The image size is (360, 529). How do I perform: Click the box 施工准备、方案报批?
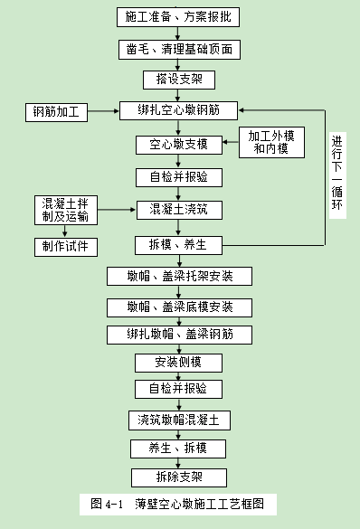pos(179,17)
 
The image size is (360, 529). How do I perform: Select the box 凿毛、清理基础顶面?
pos(179,49)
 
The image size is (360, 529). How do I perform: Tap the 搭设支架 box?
pos(179,80)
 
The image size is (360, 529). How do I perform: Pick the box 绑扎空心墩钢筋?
pos(179,111)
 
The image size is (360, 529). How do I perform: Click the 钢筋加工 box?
pos(56,113)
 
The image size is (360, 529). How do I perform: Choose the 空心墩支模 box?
pos(179,144)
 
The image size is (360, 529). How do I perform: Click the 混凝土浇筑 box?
pos(179,210)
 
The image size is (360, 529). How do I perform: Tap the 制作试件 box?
pos(65,246)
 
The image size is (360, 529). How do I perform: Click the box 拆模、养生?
pos(179,244)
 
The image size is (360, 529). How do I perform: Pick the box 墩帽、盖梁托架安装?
pos(179,276)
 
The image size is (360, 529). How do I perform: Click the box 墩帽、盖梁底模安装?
pos(179,307)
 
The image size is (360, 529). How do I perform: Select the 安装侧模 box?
pos(179,362)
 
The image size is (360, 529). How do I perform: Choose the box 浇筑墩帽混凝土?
pos(179,420)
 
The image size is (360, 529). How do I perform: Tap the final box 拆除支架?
pos(179,477)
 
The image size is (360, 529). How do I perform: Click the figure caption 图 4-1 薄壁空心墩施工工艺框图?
pos(177,503)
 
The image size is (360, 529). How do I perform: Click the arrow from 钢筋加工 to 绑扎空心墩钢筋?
pos(103,113)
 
